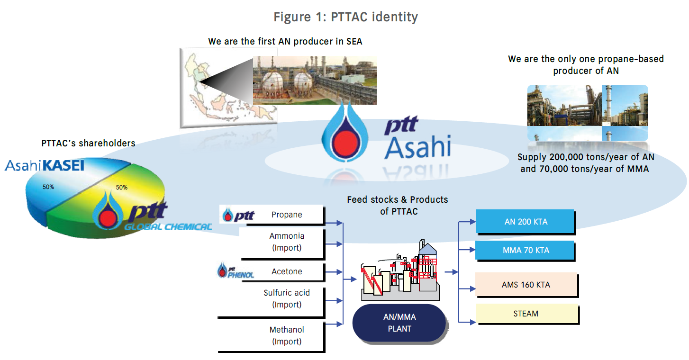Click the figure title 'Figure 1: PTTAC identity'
(x=345, y=18)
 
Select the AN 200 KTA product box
(x=525, y=221)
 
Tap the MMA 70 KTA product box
(x=525, y=250)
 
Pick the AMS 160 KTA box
(x=526, y=285)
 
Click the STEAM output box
(x=526, y=314)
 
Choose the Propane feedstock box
(x=287, y=215)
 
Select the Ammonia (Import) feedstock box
(x=287, y=242)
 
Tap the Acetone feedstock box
(x=287, y=271)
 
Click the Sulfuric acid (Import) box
(x=287, y=299)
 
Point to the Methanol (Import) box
(x=287, y=335)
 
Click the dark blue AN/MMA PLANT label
(x=399, y=323)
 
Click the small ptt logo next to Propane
(x=239, y=216)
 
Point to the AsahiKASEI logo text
(x=45, y=165)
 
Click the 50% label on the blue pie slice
(x=48, y=187)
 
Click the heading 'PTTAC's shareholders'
(x=88, y=143)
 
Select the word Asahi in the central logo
(x=417, y=147)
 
